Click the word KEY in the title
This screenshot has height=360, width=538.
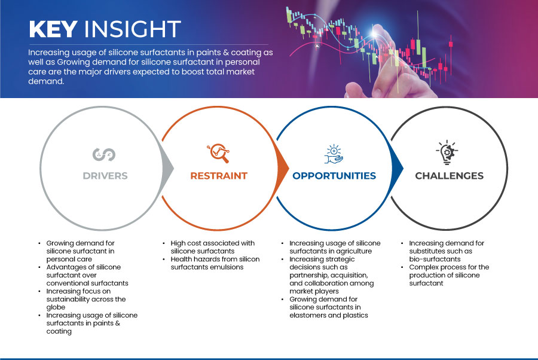(x=53, y=29)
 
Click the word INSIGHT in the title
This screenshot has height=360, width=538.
(x=133, y=29)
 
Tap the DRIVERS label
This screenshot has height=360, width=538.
(x=105, y=176)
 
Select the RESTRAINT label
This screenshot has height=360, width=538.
(x=219, y=176)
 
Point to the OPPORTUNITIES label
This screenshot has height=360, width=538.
(x=334, y=176)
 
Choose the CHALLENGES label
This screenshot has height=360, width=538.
(x=449, y=176)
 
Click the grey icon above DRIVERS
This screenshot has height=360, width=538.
(x=104, y=154)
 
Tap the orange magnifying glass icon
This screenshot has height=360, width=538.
(x=218, y=153)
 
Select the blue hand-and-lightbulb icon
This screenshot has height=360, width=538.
(x=334, y=154)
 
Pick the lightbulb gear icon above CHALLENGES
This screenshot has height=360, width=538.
(x=447, y=152)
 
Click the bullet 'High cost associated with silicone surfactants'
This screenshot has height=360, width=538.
(x=213, y=247)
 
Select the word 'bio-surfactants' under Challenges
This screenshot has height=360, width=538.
(x=435, y=259)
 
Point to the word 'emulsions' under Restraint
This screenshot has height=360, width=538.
(x=227, y=267)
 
